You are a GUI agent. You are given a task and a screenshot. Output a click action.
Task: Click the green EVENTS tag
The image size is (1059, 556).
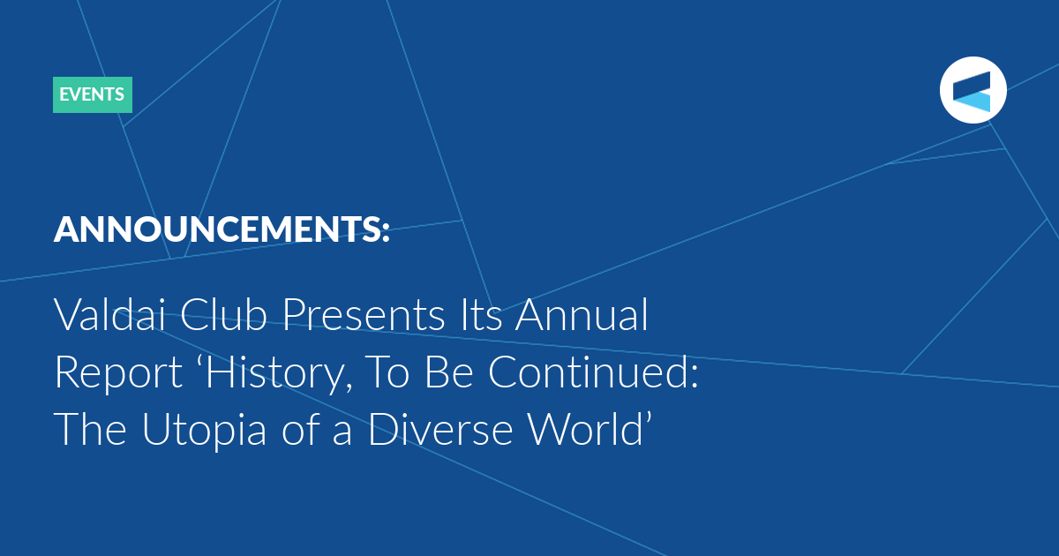click(x=93, y=94)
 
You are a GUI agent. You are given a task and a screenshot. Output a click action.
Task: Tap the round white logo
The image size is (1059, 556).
click(x=973, y=90)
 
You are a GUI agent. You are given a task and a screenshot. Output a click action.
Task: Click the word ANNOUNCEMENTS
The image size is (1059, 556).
click(x=215, y=229)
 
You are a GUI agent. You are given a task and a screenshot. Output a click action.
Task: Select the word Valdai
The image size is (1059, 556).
click(x=109, y=314)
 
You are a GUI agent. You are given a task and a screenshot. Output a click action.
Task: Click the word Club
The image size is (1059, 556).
click(x=223, y=314)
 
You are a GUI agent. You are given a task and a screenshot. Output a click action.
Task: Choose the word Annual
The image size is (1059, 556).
click(x=582, y=314)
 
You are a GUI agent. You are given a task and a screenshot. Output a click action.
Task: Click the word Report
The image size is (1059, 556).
click(x=118, y=373)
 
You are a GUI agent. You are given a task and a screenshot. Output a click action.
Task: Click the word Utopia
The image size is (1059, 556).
click(x=204, y=431)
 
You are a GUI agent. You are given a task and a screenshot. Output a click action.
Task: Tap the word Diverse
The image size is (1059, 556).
click(x=440, y=429)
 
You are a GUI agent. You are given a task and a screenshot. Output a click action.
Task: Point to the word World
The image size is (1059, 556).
click(x=585, y=429)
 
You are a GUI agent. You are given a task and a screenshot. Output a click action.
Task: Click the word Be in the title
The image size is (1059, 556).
click(x=449, y=372)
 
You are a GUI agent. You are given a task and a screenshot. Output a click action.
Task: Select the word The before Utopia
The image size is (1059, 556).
click(x=90, y=429)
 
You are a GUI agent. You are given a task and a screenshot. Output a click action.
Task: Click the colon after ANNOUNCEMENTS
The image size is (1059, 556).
click(x=386, y=231)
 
